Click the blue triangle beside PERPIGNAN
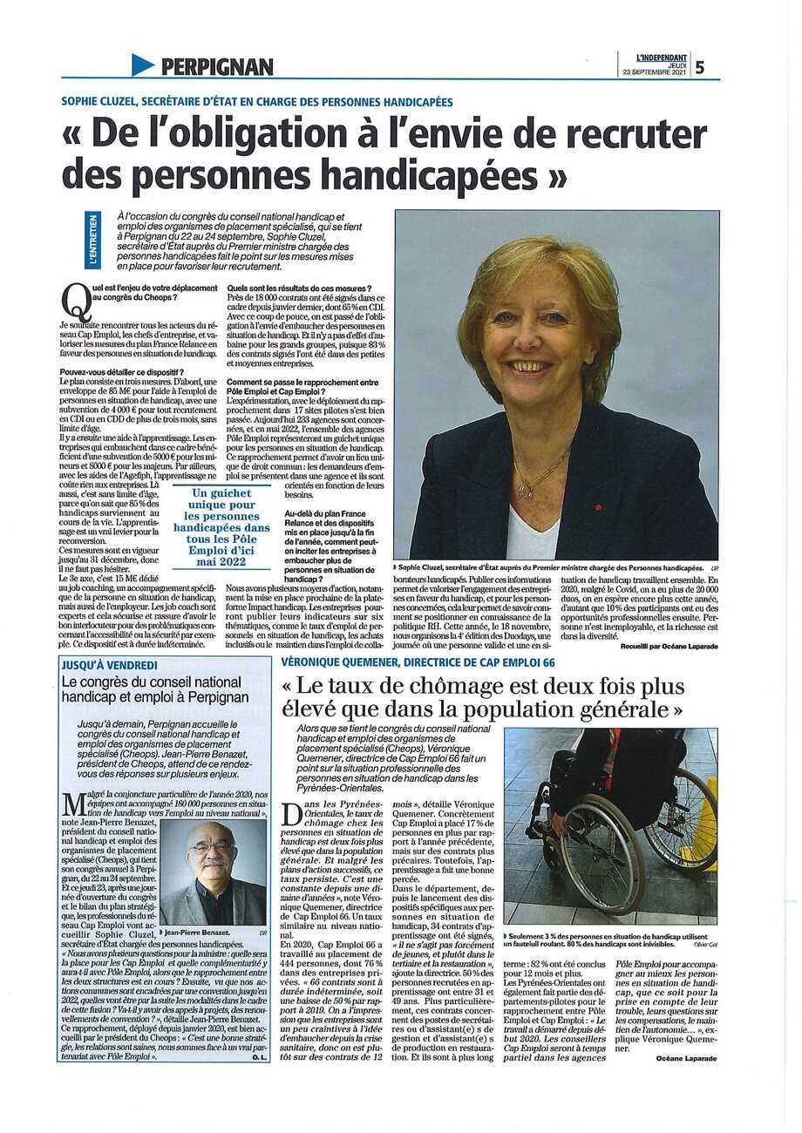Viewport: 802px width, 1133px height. pyautogui.click(x=143, y=64)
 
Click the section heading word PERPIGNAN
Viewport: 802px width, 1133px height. pyautogui.click(x=216, y=66)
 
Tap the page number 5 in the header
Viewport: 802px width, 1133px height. pyautogui.click(x=700, y=65)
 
